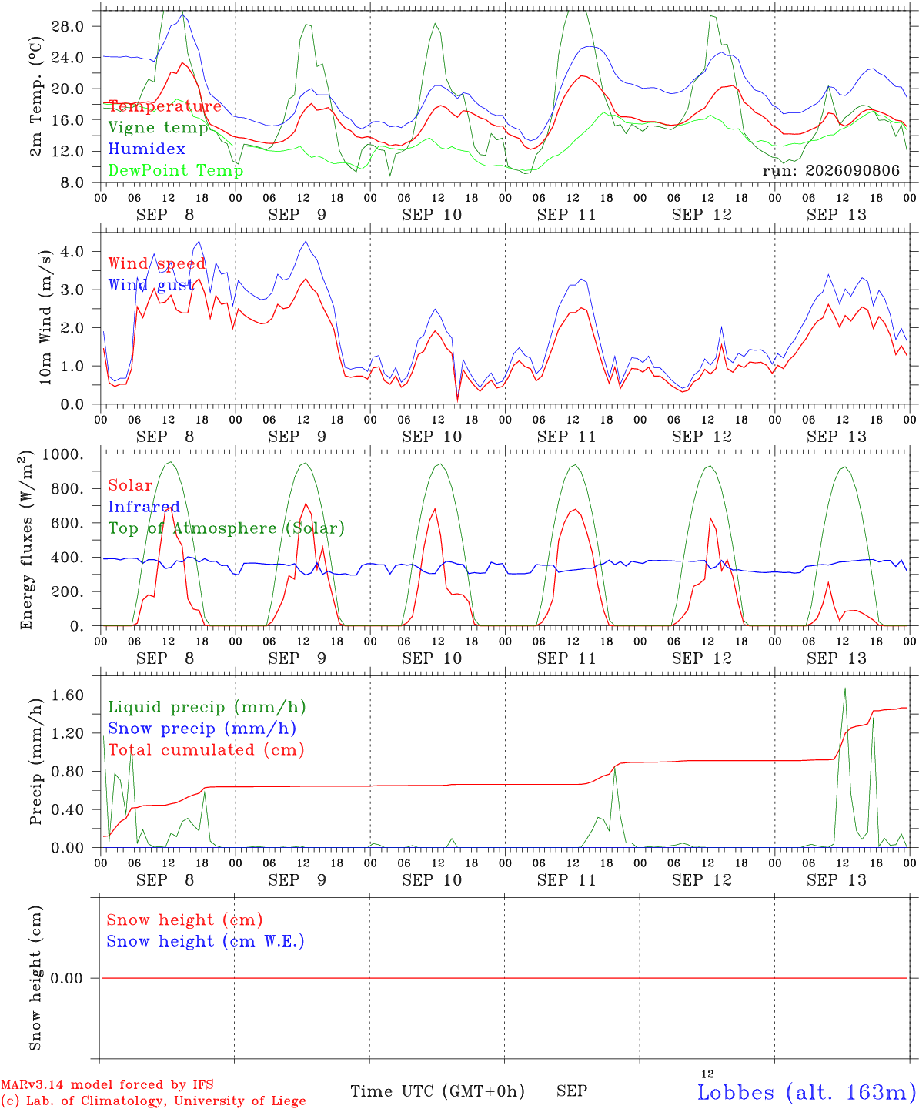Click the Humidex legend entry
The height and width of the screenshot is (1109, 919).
(146, 149)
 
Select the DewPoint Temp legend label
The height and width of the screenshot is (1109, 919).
(175, 170)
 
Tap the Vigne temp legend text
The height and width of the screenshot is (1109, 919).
(158, 128)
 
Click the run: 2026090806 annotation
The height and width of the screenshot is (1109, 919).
(830, 170)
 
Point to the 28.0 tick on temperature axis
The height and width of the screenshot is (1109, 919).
(67, 26)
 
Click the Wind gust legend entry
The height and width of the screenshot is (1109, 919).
(151, 285)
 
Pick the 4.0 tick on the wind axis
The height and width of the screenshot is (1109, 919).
(72, 251)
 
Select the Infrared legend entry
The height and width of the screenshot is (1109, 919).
(144, 507)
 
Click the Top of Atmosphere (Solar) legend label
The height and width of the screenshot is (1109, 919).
(227, 528)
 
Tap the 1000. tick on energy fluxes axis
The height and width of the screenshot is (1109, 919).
(63, 454)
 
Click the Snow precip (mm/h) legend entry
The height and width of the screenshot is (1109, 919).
(202, 729)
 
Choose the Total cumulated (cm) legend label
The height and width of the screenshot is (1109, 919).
(206, 750)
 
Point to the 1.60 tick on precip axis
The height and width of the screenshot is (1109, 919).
(67, 695)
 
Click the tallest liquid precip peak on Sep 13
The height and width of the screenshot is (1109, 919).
(844, 689)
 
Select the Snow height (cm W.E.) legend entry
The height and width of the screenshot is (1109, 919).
(206, 941)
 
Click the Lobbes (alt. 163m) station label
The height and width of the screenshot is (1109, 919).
(802, 1092)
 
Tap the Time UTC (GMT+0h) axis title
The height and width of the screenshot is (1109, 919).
(437, 1091)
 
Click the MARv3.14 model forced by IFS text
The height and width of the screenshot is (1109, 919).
(107, 1084)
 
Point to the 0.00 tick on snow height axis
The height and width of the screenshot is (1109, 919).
(66, 978)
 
